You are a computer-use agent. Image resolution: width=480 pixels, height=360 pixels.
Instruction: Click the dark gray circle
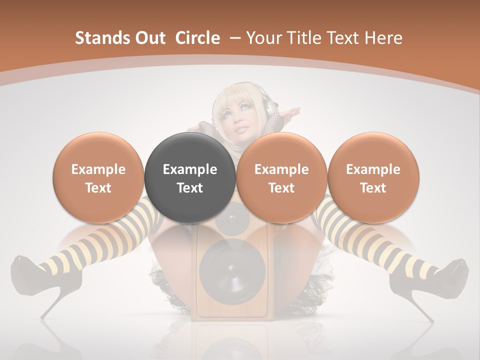(190, 177)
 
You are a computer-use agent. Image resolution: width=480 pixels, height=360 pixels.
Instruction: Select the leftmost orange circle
(98, 177)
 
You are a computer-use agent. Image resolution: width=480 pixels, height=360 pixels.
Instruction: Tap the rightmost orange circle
(373, 177)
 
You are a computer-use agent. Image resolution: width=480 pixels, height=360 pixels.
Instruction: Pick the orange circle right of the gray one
(281, 177)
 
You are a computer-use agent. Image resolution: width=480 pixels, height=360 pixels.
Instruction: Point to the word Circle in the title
(197, 38)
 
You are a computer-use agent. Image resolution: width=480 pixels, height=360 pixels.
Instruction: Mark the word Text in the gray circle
(190, 188)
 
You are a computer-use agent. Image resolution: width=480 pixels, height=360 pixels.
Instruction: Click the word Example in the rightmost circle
(373, 169)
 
